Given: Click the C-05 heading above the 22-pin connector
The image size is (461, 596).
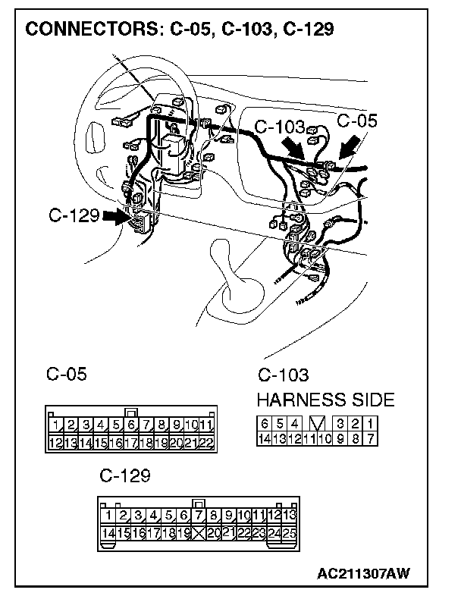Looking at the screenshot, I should [x=66, y=374].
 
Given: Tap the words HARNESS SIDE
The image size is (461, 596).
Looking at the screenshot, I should [x=325, y=400].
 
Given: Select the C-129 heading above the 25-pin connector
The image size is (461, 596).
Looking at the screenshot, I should [x=124, y=476].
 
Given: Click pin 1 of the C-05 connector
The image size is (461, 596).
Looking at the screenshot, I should [x=55, y=425].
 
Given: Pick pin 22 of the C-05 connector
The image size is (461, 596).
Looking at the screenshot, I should [x=206, y=442].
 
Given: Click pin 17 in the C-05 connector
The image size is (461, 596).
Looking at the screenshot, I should [x=131, y=442].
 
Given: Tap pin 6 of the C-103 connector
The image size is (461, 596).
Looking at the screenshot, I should [x=264, y=423].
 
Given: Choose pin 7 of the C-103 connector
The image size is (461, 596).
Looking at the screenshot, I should [x=370, y=438].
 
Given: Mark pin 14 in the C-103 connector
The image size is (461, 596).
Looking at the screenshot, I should [x=264, y=438].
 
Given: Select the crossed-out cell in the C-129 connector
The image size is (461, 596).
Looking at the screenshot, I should [x=199, y=533].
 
